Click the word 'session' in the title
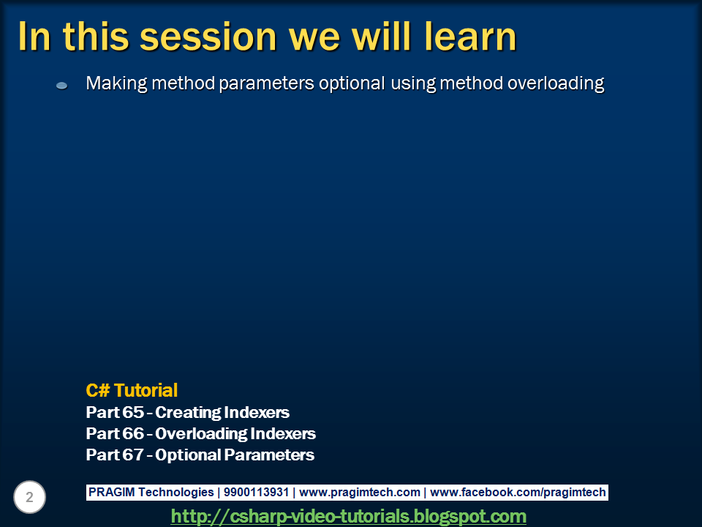(208, 37)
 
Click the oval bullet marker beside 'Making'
(61, 85)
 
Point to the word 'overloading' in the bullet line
(556, 83)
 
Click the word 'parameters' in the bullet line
(266, 83)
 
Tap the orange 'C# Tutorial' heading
(132, 390)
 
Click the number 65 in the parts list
(133, 412)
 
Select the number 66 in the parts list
(133, 433)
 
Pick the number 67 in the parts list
(133, 455)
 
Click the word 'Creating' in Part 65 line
(188, 413)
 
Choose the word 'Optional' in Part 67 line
(188, 455)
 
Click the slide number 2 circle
(29, 497)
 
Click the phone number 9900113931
(256, 492)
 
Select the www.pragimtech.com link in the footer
(360, 493)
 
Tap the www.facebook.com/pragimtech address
(518, 493)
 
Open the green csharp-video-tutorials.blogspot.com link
(348, 516)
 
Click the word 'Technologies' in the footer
(176, 493)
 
